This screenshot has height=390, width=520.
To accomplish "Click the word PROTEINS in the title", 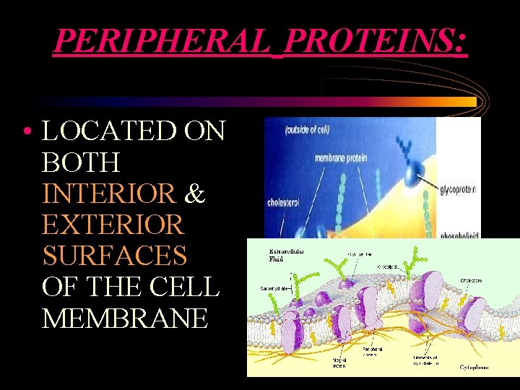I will pyautogui.click(x=375, y=41).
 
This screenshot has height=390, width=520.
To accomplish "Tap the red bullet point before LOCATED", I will pyautogui.click(x=26, y=132).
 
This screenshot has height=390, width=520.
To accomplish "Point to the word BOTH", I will pyautogui.click(x=81, y=162).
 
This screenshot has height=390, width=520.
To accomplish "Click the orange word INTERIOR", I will pyautogui.click(x=108, y=194).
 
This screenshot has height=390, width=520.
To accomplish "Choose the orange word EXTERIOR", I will pyautogui.click(x=113, y=225).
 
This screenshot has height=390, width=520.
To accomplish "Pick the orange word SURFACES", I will pyautogui.click(x=114, y=256).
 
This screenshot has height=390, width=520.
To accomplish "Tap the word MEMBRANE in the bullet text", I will pyautogui.click(x=124, y=318).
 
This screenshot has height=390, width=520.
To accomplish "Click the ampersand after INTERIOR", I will pyautogui.click(x=195, y=194).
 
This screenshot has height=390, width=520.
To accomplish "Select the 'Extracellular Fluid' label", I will pyautogui.click(x=286, y=253).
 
